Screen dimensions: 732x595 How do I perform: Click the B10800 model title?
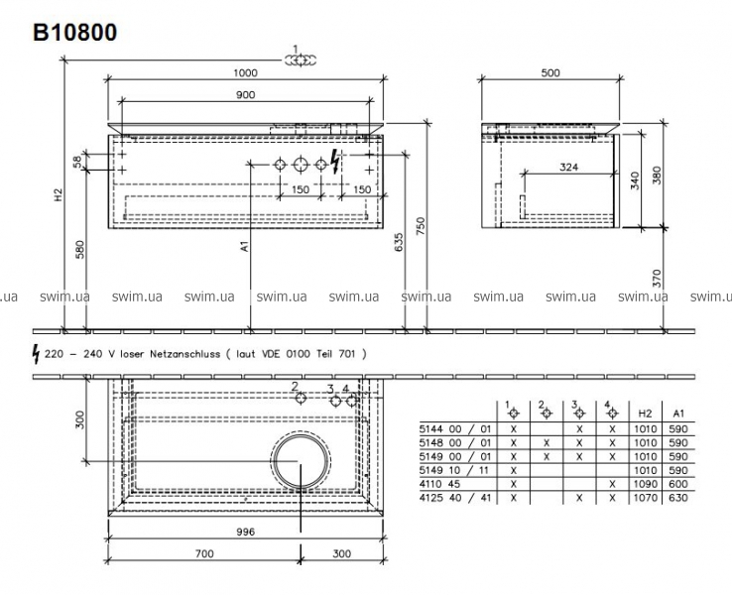pos(74,33)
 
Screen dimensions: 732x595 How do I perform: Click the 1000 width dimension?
pos(246,72)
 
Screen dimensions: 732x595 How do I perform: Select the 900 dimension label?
pos(246,95)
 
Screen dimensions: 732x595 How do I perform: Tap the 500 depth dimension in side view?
pos(550,72)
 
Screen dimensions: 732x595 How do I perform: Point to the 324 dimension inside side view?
pos(568,167)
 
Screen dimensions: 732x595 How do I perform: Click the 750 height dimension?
pos(421,226)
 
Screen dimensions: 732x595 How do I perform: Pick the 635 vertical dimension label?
pos(399,242)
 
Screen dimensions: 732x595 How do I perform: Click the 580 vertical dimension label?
pos(79,250)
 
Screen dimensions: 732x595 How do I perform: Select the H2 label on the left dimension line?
pos(58,194)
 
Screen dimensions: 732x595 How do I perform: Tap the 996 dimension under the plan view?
pos(246,532)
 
